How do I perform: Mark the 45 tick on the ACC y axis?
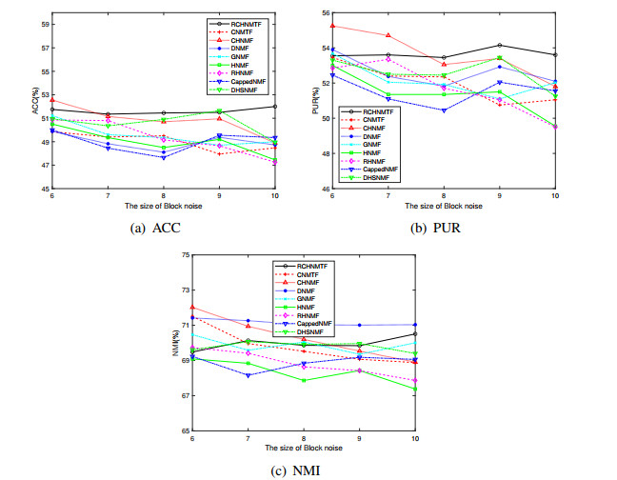coord(43,189)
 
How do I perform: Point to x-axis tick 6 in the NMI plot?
coord(192,437)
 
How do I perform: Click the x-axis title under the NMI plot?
coord(304,448)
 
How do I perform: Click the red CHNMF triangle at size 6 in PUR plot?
coord(359,26)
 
